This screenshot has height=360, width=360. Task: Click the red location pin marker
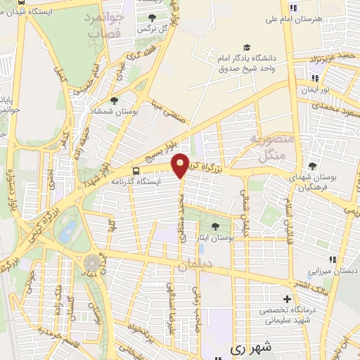tap(181, 165)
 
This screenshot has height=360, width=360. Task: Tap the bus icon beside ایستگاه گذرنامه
tap(136, 170)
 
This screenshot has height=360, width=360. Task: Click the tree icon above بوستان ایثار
tap(214, 226)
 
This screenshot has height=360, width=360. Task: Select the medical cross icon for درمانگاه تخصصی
tap(285, 297)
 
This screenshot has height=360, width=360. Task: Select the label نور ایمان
tap(314, 90)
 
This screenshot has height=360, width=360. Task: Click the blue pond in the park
tap(68, 231)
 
